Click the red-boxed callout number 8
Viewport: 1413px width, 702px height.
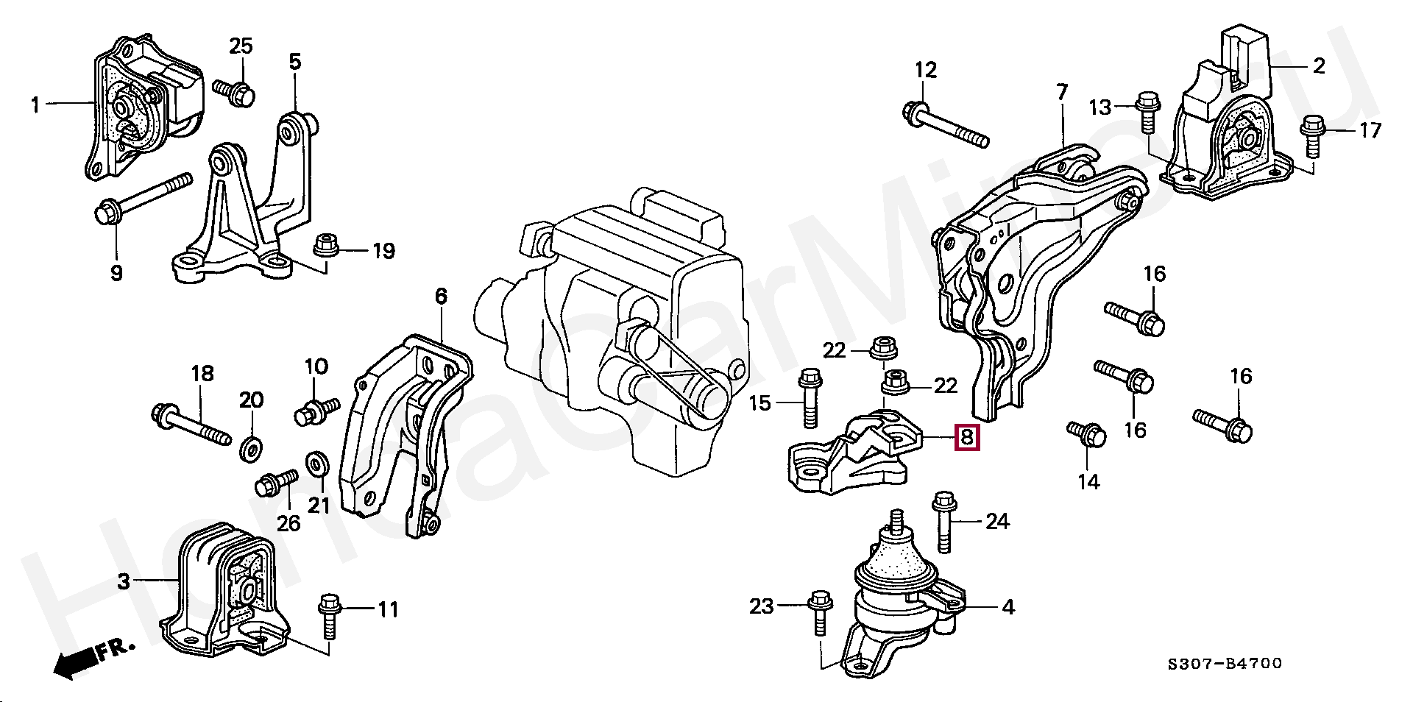click(x=967, y=438)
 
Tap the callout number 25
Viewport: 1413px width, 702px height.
click(x=241, y=46)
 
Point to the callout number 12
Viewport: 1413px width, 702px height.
click(x=926, y=71)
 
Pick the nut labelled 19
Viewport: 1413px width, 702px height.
click(x=325, y=245)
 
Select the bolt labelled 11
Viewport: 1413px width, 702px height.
click(x=328, y=618)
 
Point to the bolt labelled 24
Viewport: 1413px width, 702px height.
click(x=943, y=522)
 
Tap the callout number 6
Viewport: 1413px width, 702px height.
click(x=440, y=297)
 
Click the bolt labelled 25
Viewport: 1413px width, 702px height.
click(x=234, y=92)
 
